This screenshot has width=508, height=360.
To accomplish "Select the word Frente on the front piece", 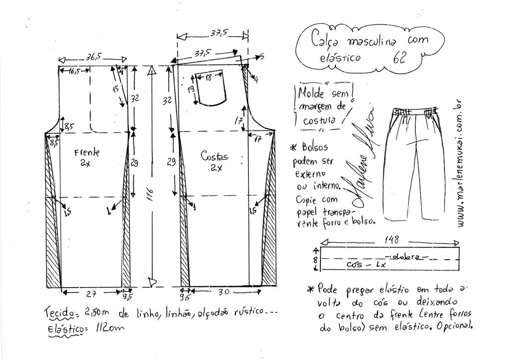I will pos(87,152).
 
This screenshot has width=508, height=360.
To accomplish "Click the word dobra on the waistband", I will pos(405,257).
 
